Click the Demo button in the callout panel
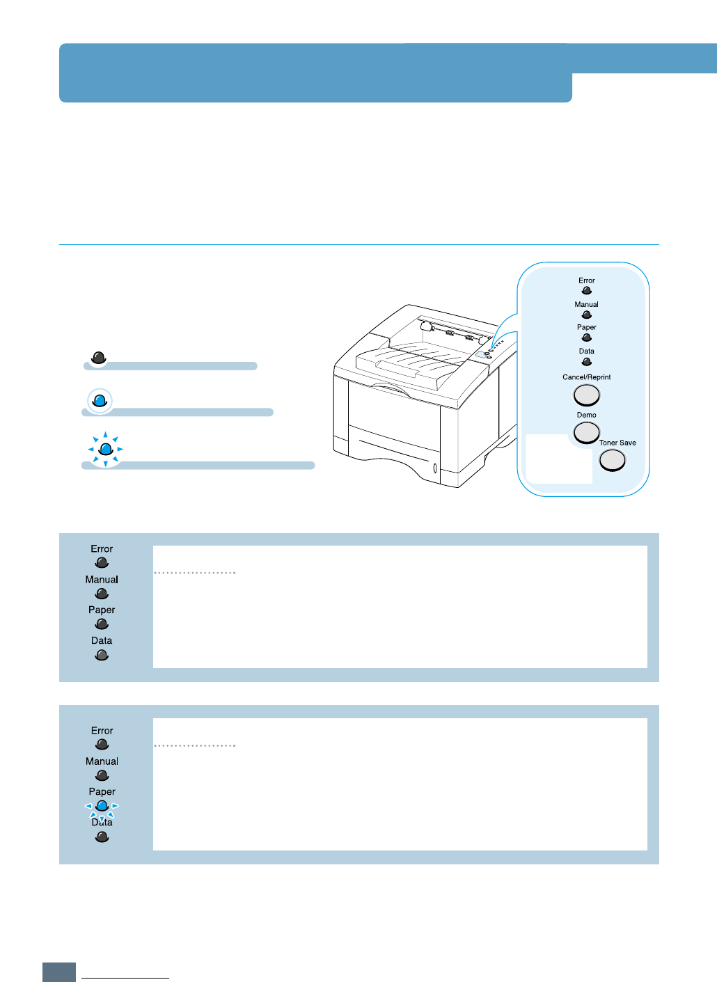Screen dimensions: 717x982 pos(587,432)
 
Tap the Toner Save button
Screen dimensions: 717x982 pos(613,460)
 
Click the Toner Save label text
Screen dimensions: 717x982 pos(617,443)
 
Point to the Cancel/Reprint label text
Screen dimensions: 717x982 pos(587,377)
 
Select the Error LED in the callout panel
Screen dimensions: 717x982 pos(587,291)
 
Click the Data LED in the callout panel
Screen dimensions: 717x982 pos(587,362)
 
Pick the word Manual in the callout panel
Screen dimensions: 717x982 pos(587,304)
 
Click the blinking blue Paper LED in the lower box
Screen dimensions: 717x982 pos(102,806)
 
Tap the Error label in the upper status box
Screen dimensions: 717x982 pos(102,549)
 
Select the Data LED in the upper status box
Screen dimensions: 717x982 pos(102,655)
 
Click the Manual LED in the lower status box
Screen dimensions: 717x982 pos(102,775)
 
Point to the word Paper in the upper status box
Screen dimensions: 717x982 pos(102,610)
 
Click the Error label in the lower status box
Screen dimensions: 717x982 pos(102,731)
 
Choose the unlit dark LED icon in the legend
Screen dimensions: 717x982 pos(99,358)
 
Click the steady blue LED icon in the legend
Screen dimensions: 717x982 pos(100,400)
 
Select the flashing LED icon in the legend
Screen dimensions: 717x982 pos(106,450)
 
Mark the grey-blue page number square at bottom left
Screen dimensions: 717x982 pos(59,972)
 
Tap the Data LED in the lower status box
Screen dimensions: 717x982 pos(102,837)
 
